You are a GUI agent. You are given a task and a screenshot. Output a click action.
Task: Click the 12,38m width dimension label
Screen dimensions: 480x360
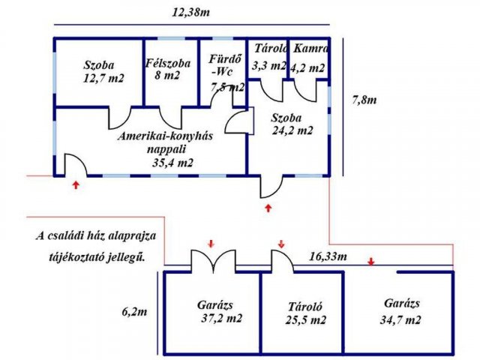coord(191,13)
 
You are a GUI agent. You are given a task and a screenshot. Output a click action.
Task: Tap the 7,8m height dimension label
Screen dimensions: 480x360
coord(364,100)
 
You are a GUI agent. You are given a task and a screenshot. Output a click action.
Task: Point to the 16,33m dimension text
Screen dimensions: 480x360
coord(328,256)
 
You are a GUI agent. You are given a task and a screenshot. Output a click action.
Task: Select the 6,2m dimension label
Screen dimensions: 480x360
coord(134,312)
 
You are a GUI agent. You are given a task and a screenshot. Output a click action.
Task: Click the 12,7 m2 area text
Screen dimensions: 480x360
coord(103,78)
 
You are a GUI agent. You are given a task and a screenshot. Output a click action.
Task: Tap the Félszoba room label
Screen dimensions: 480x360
coord(168,63)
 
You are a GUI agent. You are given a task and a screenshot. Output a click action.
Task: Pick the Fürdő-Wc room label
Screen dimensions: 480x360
coord(225,65)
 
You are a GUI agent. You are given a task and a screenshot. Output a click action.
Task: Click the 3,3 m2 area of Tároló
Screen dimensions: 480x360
coord(269,65)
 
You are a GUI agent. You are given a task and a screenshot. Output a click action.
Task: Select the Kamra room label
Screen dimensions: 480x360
coord(310,48)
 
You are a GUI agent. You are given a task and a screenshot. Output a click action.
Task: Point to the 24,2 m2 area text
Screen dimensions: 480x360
coord(292,130)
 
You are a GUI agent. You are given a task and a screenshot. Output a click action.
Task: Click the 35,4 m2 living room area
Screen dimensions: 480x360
coord(172,163)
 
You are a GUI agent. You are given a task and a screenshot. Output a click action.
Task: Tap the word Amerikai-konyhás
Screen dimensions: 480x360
coord(165,136)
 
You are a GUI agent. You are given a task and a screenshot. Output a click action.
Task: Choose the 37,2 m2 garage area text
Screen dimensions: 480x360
coord(222,318)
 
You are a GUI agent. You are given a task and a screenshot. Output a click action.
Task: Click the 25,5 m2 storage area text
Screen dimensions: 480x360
coord(306,320)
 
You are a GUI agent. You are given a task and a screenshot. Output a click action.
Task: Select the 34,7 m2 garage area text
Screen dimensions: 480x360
coord(400,320)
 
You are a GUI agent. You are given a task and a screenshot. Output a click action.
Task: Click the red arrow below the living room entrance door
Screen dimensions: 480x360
coord(76,184)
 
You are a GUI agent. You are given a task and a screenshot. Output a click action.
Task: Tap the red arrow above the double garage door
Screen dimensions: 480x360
coord(211,244)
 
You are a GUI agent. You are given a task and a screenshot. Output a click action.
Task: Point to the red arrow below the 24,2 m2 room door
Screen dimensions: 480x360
coord(268,208)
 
